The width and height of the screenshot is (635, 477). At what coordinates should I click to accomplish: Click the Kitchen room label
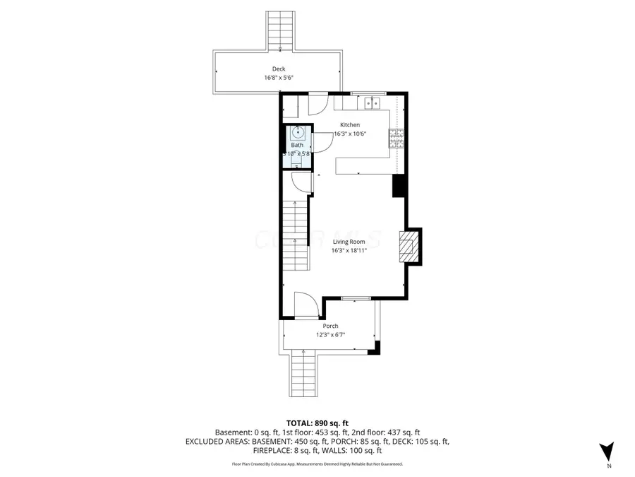pyautogui.click(x=351, y=124)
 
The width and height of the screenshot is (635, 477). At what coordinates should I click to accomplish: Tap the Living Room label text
pyautogui.click(x=350, y=242)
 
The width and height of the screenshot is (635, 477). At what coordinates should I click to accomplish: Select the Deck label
pyautogui.click(x=279, y=69)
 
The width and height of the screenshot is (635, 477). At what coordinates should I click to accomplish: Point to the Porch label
pyautogui.click(x=330, y=326)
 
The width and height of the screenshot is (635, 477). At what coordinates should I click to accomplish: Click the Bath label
pyautogui.click(x=297, y=145)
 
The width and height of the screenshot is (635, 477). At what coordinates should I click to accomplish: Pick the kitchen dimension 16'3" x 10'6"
pyautogui.click(x=351, y=134)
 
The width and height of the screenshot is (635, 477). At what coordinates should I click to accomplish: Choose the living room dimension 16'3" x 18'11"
pyautogui.click(x=350, y=250)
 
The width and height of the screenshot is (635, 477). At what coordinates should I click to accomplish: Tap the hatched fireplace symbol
pyautogui.click(x=408, y=247)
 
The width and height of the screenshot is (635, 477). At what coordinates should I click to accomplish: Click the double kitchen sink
pyautogui.click(x=372, y=104)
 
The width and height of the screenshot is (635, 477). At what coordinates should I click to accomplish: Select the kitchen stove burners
pyautogui.click(x=397, y=139)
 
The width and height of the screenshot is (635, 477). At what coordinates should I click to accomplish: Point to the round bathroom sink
pyautogui.click(x=298, y=131)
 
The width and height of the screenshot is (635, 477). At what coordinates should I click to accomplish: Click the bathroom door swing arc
pyautogui.click(x=323, y=142)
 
